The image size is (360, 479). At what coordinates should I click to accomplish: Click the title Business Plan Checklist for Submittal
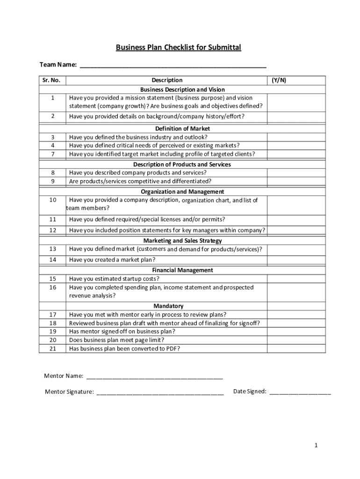point(179,48)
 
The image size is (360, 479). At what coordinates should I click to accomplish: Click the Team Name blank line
point(173,65)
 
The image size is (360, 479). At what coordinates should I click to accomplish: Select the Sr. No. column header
point(52,80)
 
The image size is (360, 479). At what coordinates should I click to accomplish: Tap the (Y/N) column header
point(279,80)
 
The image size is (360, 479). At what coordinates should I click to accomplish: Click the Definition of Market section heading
point(182,129)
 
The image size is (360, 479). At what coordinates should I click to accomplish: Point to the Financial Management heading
point(182,270)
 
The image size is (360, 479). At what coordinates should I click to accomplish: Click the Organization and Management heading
point(182,192)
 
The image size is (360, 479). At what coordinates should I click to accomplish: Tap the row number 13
point(52,249)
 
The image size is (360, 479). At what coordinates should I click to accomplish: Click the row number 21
point(52,348)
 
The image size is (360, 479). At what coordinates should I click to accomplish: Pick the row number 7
point(52,154)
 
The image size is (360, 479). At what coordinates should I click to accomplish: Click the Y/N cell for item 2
point(296,116)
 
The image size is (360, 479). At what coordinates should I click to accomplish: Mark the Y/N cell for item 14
point(296,260)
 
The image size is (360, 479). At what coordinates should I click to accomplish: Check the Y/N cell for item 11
point(296,219)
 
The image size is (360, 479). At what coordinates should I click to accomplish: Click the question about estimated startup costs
point(114,279)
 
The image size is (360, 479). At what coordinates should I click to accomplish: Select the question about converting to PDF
point(124,348)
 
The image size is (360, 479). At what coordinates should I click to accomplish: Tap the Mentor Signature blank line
point(160,392)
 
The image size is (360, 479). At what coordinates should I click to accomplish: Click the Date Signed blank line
point(300,392)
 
